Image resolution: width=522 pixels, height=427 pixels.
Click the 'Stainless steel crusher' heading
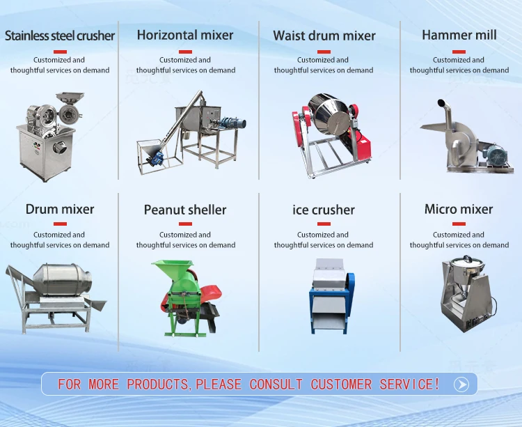(x=60, y=36)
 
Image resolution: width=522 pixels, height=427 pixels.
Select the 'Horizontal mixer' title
(x=185, y=35)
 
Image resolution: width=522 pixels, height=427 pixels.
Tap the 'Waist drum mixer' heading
(x=324, y=36)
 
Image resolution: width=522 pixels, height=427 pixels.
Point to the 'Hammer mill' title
(x=459, y=35)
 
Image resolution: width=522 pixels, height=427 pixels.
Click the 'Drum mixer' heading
(x=60, y=209)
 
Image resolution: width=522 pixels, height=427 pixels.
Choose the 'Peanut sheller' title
(x=185, y=210)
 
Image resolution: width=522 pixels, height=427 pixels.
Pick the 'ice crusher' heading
(x=324, y=210)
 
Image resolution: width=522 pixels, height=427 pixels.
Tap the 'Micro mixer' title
(x=459, y=209)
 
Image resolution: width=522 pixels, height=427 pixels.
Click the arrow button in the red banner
(x=461, y=384)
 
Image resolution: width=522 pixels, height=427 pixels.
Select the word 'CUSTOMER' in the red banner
(x=341, y=384)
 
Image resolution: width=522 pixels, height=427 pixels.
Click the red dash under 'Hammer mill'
(x=459, y=52)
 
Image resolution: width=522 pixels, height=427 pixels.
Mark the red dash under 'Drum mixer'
(x=60, y=224)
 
